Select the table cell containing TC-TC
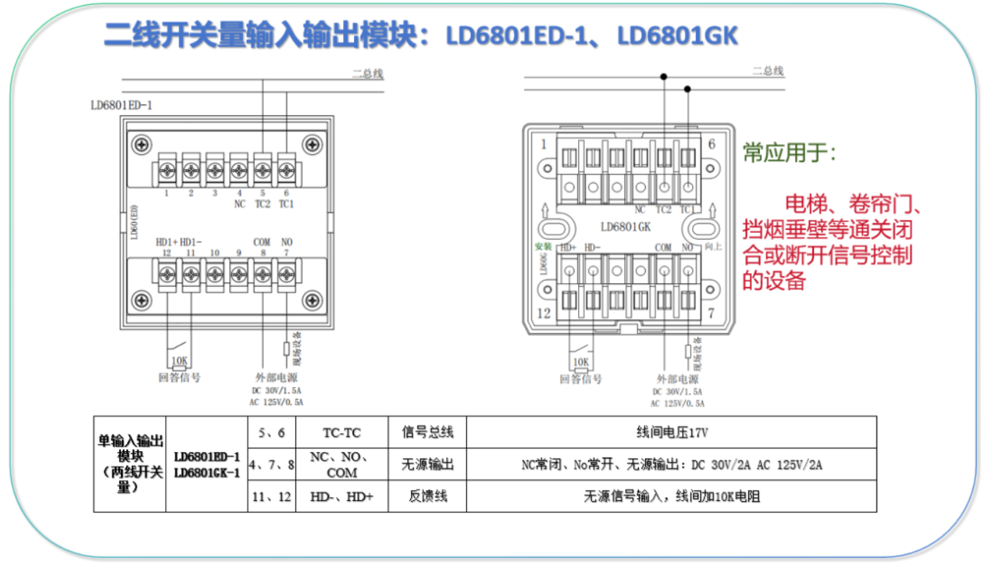pos(342,433)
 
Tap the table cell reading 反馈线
pos(427,497)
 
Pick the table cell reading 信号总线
pos(427,433)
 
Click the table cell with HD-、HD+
pos(342,497)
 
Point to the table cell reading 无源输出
pos(427,465)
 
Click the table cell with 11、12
pos(271,497)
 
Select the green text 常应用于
pos(789,154)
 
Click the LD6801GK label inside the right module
pos(626,227)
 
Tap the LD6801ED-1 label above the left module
pos(121,105)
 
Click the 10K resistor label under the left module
pos(179,362)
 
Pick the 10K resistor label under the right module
pos(580,362)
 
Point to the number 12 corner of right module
pos(544,313)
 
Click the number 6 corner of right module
pos(711,144)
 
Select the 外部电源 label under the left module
pos(276,378)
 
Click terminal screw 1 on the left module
pos(167,172)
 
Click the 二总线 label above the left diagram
pos(367,74)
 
